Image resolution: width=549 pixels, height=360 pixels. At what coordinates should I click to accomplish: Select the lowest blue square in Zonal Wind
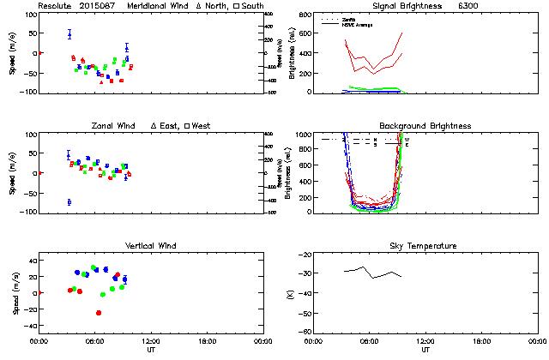coord(69,202)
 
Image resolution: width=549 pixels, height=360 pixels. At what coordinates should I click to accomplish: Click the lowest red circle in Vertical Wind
coord(99,313)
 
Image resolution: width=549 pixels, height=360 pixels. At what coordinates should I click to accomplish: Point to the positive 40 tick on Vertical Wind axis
coord(31,259)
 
